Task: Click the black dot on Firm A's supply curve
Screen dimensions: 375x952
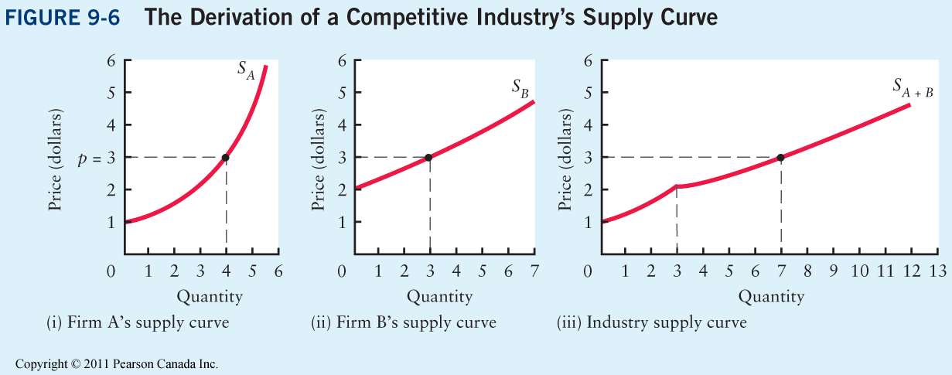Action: point(226,158)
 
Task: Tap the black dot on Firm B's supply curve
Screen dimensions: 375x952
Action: point(429,158)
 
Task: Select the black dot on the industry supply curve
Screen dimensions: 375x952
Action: point(780,158)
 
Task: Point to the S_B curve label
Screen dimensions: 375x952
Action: point(520,87)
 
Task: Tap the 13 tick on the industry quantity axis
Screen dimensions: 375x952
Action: point(938,271)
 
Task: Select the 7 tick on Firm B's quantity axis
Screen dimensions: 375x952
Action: point(534,271)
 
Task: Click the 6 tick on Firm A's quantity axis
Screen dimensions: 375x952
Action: point(278,271)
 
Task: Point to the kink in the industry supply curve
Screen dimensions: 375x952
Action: point(677,186)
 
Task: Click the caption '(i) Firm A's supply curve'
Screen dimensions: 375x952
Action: point(138,322)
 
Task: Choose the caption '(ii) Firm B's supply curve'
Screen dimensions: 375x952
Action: point(403,322)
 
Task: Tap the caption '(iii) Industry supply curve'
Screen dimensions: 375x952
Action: point(652,322)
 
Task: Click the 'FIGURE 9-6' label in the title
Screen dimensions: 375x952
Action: point(63,19)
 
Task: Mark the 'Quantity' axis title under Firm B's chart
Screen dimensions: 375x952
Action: point(439,296)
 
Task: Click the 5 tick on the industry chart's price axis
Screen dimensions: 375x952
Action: point(589,93)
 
